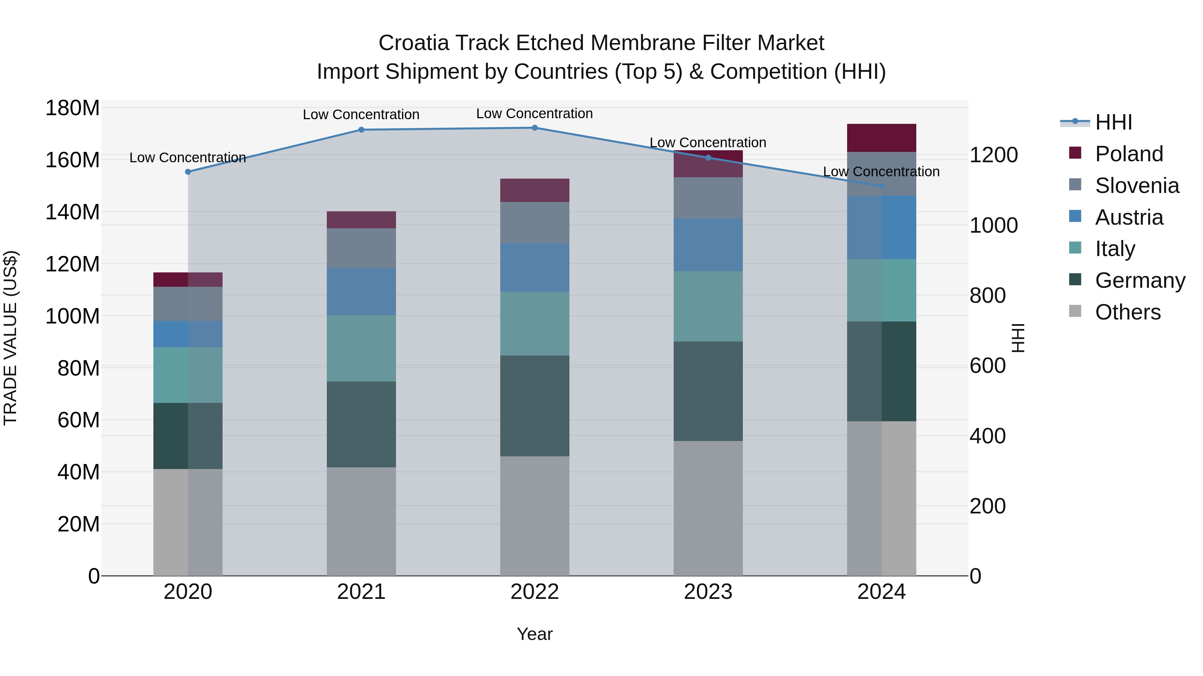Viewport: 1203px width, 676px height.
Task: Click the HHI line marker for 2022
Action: click(535, 128)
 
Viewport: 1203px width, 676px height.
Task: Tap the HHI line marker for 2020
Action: click(188, 172)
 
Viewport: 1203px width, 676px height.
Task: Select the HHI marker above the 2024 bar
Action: click(881, 186)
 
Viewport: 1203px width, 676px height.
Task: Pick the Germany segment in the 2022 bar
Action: click(535, 406)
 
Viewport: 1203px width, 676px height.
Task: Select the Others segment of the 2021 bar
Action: click(361, 521)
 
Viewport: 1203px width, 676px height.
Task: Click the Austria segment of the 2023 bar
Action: click(708, 245)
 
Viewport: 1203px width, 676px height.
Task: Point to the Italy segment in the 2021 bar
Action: click(361, 348)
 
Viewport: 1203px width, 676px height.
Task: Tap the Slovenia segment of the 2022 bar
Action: click(535, 223)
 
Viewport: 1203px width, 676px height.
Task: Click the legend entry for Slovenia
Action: click(1137, 186)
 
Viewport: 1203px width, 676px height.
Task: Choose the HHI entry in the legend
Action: click(1113, 122)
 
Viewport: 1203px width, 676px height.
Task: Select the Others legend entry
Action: click(1127, 312)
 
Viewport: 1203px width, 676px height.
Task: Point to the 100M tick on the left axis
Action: click(73, 316)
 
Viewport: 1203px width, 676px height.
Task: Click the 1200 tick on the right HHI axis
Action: click(993, 155)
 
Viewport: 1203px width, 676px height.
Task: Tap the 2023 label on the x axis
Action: click(708, 592)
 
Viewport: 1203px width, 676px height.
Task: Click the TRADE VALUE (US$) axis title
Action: click(10, 338)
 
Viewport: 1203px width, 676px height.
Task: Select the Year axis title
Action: click(535, 634)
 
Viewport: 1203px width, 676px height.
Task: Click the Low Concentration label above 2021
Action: click(361, 115)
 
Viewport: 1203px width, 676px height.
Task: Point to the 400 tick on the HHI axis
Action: click(987, 436)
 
